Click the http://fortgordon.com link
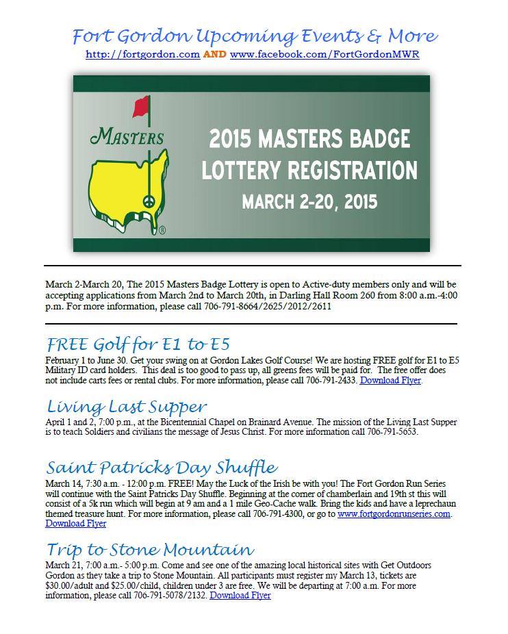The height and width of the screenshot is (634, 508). (142, 54)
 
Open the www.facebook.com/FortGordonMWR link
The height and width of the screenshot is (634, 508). (325, 54)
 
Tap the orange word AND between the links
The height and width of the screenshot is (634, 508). (215, 54)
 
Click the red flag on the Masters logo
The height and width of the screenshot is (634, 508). (141, 105)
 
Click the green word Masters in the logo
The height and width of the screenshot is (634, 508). (127, 136)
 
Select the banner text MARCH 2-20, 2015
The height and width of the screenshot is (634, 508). (309, 202)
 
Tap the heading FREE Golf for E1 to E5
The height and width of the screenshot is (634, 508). (138, 343)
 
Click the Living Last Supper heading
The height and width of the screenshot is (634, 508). (127, 407)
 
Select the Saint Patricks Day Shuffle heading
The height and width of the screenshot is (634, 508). (162, 468)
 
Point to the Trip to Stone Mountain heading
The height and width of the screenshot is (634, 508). (150, 550)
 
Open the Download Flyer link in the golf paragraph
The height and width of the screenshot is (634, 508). (390, 380)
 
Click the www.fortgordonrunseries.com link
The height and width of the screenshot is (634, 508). (394, 513)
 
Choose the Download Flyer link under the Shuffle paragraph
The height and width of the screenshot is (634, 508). (75, 524)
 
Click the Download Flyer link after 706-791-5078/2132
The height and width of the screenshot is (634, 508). (240, 596)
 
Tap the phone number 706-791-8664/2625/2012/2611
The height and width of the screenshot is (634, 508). (268, 307)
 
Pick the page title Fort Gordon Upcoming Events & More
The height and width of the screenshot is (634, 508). (254, 36)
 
